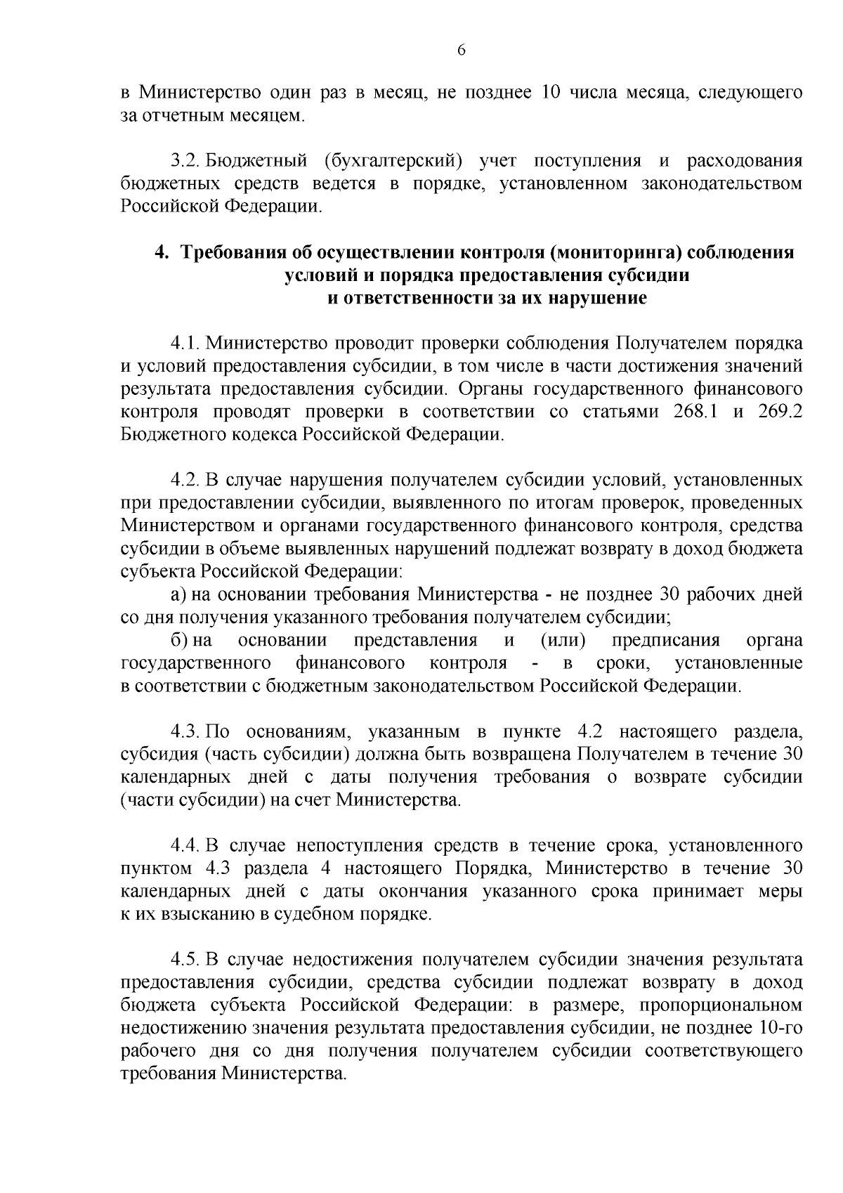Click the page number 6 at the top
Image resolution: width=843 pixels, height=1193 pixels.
(462, 50)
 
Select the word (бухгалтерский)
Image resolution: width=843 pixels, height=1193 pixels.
(393, 161)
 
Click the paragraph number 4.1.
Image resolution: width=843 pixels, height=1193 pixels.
(186, 344)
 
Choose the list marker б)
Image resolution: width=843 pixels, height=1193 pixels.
(178, 641)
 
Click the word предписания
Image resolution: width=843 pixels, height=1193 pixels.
(665, 641)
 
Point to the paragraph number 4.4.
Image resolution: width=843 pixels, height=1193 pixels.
(186, 845)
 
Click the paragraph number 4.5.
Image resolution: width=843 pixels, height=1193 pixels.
(186, 960)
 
